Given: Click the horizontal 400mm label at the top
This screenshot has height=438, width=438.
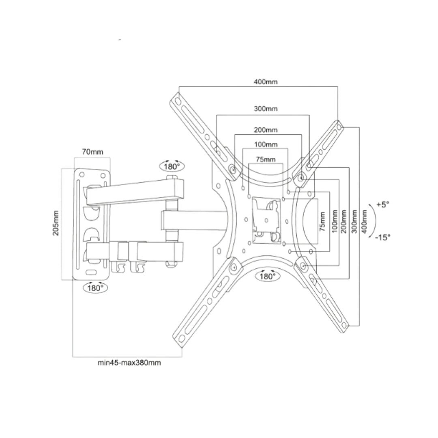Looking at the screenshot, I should coord(266,82).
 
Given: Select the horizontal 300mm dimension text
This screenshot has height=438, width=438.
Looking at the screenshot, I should coord(266,109).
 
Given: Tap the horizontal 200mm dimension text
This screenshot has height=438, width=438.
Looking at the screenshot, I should coord(266,130).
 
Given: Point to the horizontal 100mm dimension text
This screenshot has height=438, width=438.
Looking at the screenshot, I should coord(266,144).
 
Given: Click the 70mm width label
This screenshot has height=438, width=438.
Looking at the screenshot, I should coord(92,152).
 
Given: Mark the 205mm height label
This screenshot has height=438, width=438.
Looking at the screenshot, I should coord(56,223).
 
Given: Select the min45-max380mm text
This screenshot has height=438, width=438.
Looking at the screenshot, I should coord(129,363).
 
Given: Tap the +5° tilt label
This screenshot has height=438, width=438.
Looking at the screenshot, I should coord(382,205).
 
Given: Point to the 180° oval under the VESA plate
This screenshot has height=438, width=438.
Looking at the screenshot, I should coord(267,276).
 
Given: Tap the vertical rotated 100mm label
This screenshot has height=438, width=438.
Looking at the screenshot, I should coord(333,221).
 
